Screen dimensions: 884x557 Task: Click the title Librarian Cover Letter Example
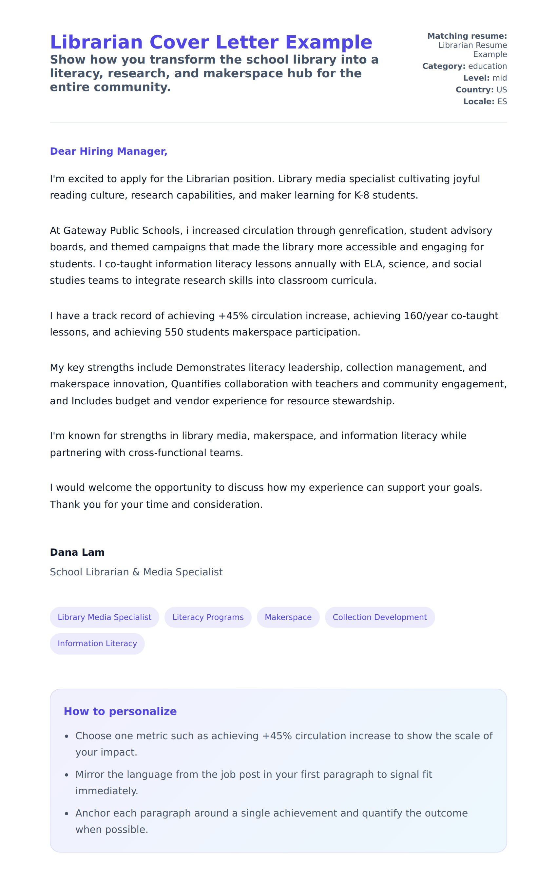tap(211, 42)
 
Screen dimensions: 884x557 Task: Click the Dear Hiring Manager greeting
tap(108, 151)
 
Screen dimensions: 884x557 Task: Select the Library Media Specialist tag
tap(104, 617)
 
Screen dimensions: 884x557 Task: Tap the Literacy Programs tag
tap(208, 617)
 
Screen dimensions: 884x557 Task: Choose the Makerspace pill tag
tap(288, 617)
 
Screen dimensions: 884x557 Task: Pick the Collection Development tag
tap(379, 617)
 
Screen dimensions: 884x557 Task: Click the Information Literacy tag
tap(97, 644)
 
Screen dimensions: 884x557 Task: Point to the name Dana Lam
tap(77, 552)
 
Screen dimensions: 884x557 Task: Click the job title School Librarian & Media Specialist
tap(136, 572)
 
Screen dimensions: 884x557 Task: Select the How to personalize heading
tap(120, 711)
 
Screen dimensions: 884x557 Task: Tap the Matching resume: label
tap(467, 36)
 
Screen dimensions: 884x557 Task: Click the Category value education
tap(487, 66)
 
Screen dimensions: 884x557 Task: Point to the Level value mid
tap(499, 78)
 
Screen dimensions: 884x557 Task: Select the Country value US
tap(501, 89)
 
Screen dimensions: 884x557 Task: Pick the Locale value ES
tap(502, 101)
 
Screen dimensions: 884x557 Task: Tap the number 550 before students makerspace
tap(174, 332)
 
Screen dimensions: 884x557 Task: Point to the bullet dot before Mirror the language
tap(67, 775)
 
